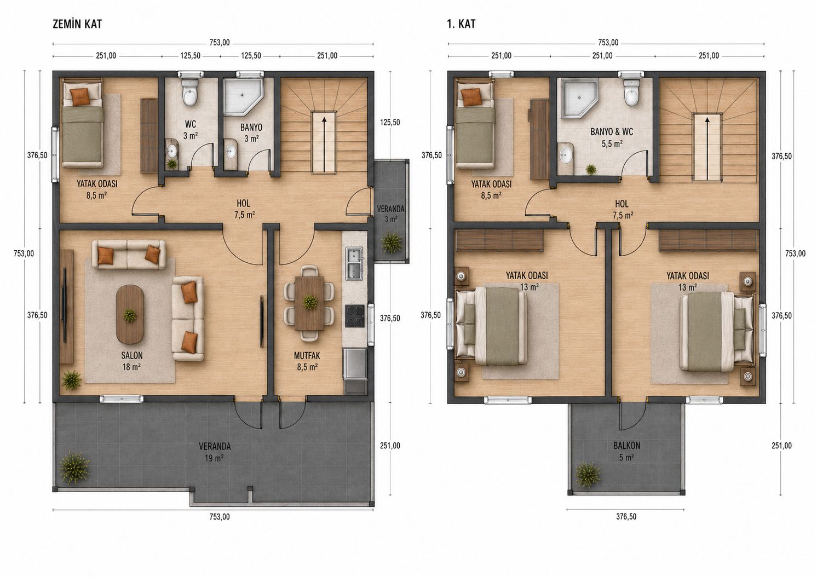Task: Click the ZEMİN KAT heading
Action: tap(77, 24)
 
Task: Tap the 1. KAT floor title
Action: tap(462, 24)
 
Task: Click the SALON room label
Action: tap(132, 355)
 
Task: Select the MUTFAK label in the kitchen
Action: tap(307, 355)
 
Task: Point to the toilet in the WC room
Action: tap(189, 93)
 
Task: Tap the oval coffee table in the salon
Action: tap(130, 314)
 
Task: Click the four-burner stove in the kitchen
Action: tap(355, 316)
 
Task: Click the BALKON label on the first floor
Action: tap(626, 445)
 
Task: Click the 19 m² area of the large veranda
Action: tap(214, 458)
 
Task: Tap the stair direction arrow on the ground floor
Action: tap(324, 143)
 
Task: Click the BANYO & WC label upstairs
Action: tap(612, 132)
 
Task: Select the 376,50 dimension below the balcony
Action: tap(626, 516)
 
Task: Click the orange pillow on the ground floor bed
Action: tap(80, 97)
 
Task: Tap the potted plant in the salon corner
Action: tap(72, 380)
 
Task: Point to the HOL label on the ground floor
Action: tap(243, 203)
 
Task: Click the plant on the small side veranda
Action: tap(392, 241)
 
